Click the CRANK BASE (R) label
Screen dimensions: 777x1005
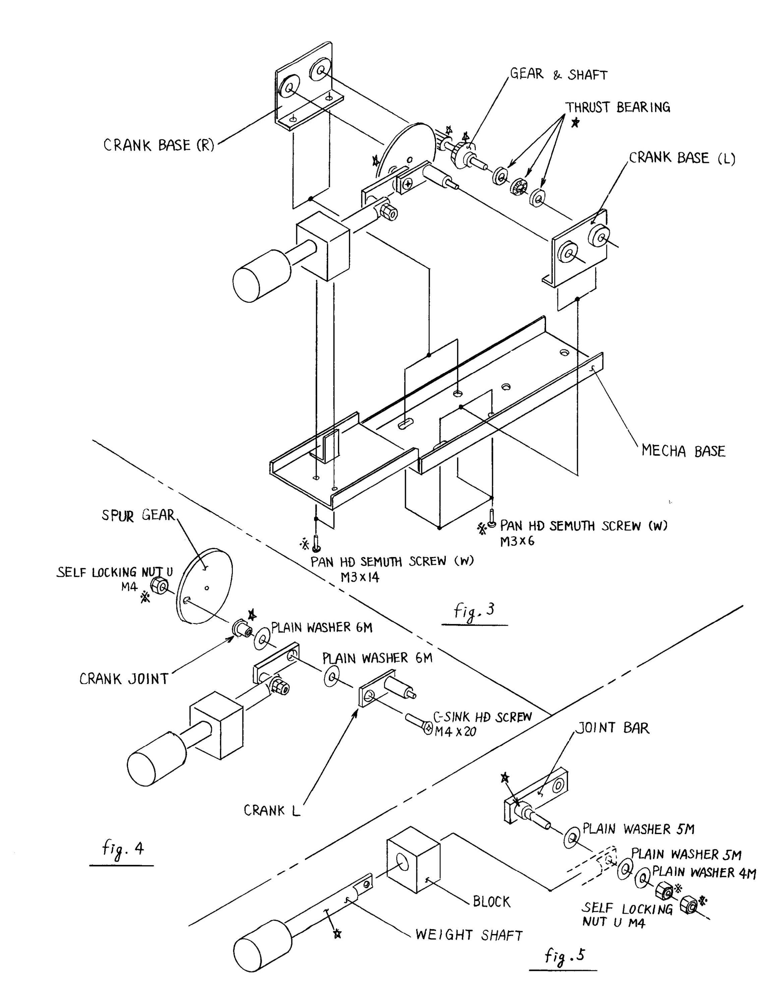(159, 145)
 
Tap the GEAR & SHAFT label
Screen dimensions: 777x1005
(559, 75)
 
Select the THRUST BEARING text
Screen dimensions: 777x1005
(618, 108)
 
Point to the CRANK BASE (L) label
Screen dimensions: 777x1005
(682, 158)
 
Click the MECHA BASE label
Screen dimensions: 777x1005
(683, 451)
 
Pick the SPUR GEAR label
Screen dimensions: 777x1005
(138, 515)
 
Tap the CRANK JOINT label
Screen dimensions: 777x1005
(124, 679)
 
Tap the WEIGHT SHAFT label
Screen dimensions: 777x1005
(469, 935)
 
